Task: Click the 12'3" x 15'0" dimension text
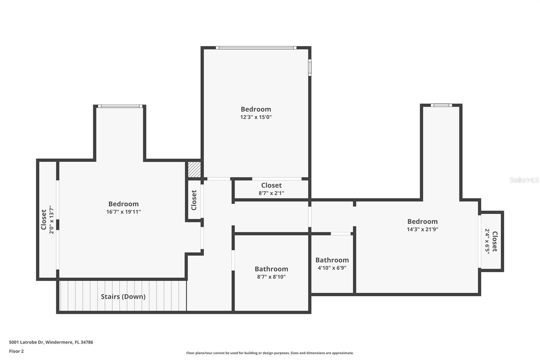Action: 256,117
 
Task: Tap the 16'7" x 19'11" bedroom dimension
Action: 124,212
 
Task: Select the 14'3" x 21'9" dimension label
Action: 422,229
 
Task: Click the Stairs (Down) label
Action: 123,297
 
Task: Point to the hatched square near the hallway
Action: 194,170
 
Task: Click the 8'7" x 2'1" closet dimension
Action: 271,193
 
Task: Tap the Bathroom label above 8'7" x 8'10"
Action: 271,269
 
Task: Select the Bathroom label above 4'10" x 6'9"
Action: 332,260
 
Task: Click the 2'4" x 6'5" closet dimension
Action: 487,241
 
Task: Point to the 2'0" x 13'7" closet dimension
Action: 51,220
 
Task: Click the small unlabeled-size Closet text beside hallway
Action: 194,200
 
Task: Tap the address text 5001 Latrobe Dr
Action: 51,342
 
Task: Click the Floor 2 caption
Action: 16,351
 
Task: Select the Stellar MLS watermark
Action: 524,180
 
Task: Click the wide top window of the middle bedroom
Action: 256,48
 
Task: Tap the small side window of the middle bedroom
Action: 309,68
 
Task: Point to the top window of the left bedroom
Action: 120,106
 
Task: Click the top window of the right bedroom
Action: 441,105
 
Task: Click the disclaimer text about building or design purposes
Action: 270,353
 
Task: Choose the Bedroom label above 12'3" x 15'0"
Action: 256,109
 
